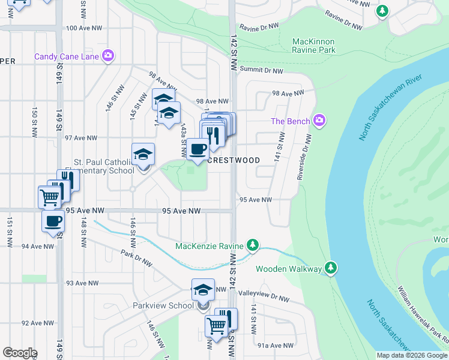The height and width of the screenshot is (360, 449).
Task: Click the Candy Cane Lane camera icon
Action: point(109,56)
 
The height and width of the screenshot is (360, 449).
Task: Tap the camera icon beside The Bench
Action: point(320,121)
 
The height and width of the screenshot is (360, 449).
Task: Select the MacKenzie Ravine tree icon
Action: point(253,245)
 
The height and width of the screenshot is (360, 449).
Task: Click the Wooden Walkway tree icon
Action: point(330,268)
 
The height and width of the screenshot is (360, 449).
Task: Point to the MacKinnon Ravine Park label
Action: point(313,46)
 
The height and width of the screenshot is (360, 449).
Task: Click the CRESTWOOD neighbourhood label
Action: point(234,161)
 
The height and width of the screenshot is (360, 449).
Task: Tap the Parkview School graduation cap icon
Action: point(203,290)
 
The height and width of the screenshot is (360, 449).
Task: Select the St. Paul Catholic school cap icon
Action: point(143,155)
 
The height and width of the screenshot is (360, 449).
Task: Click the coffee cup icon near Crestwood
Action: point(197,149)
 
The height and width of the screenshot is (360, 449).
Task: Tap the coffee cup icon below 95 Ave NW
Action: point(53,220)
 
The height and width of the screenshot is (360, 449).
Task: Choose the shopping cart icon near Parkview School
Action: point(215,326)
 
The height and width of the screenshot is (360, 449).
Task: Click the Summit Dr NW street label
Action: point(261,71)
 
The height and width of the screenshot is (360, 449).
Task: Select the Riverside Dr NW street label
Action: point(305,157)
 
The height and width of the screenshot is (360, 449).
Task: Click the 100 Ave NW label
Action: point(80,28)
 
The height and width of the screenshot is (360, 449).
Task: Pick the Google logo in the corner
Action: point(20,353)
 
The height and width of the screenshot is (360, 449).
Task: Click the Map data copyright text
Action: point(412,355)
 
